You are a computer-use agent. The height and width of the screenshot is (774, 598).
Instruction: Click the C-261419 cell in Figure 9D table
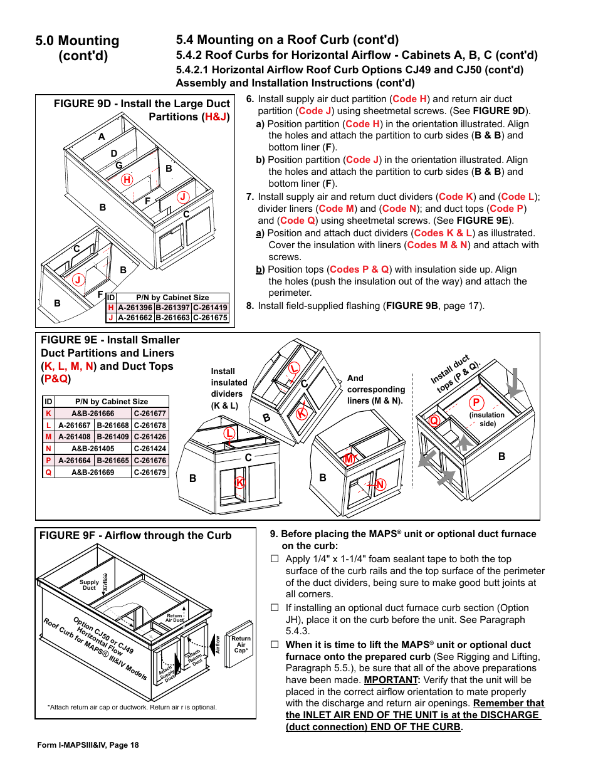tap(210, 308)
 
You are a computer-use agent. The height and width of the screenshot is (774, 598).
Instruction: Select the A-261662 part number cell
tap(135, 318)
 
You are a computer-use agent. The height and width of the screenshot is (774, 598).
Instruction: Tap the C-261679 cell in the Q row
tap(150, 473)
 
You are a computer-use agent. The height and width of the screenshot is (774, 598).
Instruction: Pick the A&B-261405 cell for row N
tap(93, 449)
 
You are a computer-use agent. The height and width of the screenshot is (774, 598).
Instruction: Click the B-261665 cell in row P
tap(112, 461)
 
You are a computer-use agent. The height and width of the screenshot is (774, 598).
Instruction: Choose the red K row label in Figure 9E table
tap(48, 414)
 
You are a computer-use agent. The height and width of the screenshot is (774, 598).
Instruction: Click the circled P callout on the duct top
tap(476, 403)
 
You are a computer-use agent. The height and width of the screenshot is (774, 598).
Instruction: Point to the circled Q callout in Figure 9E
tap(433, 421)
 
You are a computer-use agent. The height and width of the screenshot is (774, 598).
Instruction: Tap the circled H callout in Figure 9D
tap(127, 180)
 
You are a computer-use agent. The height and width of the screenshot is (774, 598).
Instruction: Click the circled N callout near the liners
tap(380, 484)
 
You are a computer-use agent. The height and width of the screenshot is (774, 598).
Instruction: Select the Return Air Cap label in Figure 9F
tap(241, 644)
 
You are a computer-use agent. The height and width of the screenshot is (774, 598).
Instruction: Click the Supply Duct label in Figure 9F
tap(89, 585)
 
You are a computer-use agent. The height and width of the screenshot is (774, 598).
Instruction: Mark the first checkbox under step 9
tap(275, 558)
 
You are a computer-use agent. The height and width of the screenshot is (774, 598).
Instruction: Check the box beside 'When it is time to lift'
tap(275, 644)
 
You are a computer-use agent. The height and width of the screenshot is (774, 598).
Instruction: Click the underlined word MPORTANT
tap(391, 680)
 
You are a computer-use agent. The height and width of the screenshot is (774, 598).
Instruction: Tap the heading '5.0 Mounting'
tap(77, 41)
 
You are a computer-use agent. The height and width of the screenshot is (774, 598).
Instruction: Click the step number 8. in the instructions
tap(249, 306)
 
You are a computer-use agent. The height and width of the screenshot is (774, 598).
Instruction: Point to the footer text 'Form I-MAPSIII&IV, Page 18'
tap(88, 745)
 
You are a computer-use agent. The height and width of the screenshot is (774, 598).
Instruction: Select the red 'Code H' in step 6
tap(409, 99)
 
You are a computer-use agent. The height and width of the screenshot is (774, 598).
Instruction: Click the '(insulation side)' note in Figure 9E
tap(487, 419)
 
